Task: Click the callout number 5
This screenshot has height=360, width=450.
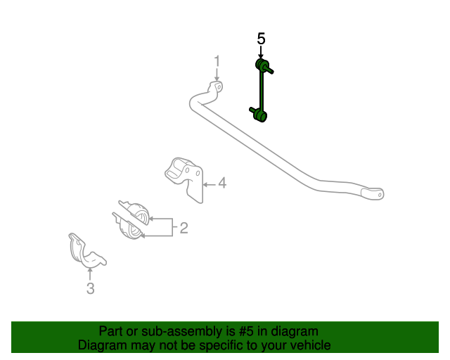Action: (x=261, y=39)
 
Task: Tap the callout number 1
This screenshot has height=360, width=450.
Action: (x=217, y=61)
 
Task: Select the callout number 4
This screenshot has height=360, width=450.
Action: (x=222, y=183)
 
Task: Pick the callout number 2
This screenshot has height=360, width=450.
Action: (x=184, y=228)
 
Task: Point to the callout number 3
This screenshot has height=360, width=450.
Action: (x=91, y=288)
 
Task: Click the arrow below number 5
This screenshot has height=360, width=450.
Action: (x=261, y=53)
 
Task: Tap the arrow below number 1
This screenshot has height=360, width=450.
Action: (x=217, y=75)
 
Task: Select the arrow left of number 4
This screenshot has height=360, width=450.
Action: (x=210, y=184)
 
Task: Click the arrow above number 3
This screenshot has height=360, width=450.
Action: (x=90, y=274)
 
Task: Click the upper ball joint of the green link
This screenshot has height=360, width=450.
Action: (x=262, y=64)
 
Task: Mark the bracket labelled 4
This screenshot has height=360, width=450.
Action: (x=185, y=179)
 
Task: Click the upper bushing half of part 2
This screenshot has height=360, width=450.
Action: (x=136, y=212)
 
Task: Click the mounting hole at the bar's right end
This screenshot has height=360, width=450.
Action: (x=380, y=195)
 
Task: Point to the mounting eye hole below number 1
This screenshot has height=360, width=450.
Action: (x=219, y=86)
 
